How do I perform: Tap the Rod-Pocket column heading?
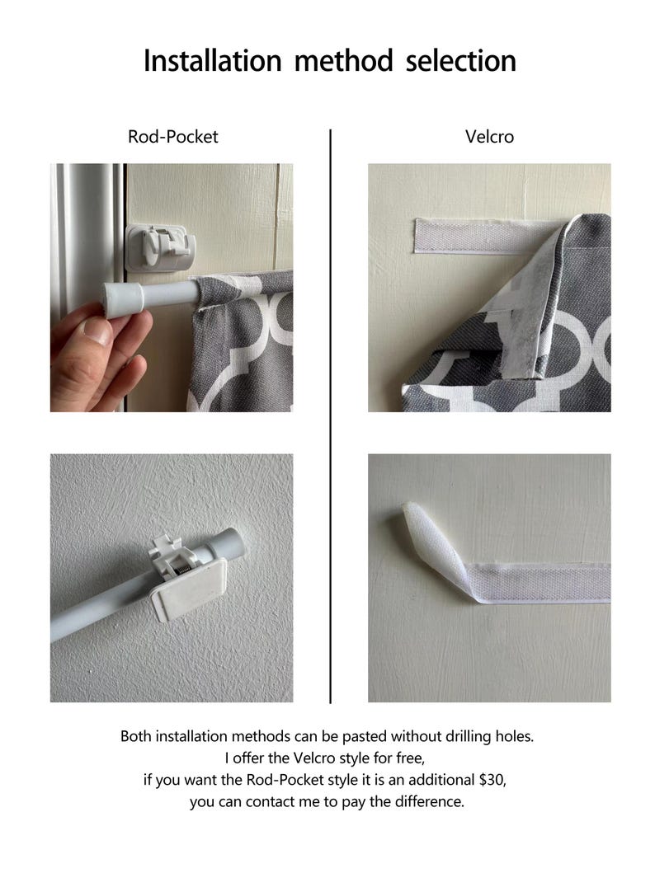click(x=172, y=137)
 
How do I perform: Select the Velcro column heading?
click(x=489, y=137)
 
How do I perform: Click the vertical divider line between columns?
click(x=330, y=412)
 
